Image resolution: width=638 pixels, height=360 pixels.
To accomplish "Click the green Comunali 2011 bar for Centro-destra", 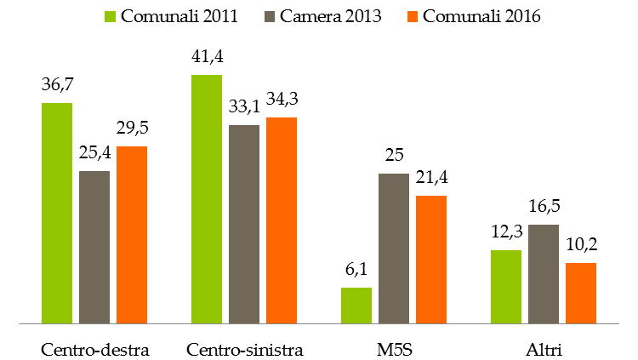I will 57,213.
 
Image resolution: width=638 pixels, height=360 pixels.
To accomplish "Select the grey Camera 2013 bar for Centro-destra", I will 94,247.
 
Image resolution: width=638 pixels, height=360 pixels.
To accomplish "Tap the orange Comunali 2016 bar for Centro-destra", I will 132,235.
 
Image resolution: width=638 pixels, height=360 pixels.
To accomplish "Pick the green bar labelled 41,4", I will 207,199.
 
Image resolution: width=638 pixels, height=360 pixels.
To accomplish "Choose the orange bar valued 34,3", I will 282,220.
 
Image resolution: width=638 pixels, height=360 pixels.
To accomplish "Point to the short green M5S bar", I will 356,306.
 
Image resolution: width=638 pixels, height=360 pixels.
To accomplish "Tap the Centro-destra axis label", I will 95,349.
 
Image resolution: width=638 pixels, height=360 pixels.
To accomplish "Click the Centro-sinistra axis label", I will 245,349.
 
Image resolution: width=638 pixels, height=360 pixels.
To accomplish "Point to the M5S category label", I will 394,349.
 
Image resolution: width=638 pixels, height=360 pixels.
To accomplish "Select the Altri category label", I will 544,349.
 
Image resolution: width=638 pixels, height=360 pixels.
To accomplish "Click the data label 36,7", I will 57,86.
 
